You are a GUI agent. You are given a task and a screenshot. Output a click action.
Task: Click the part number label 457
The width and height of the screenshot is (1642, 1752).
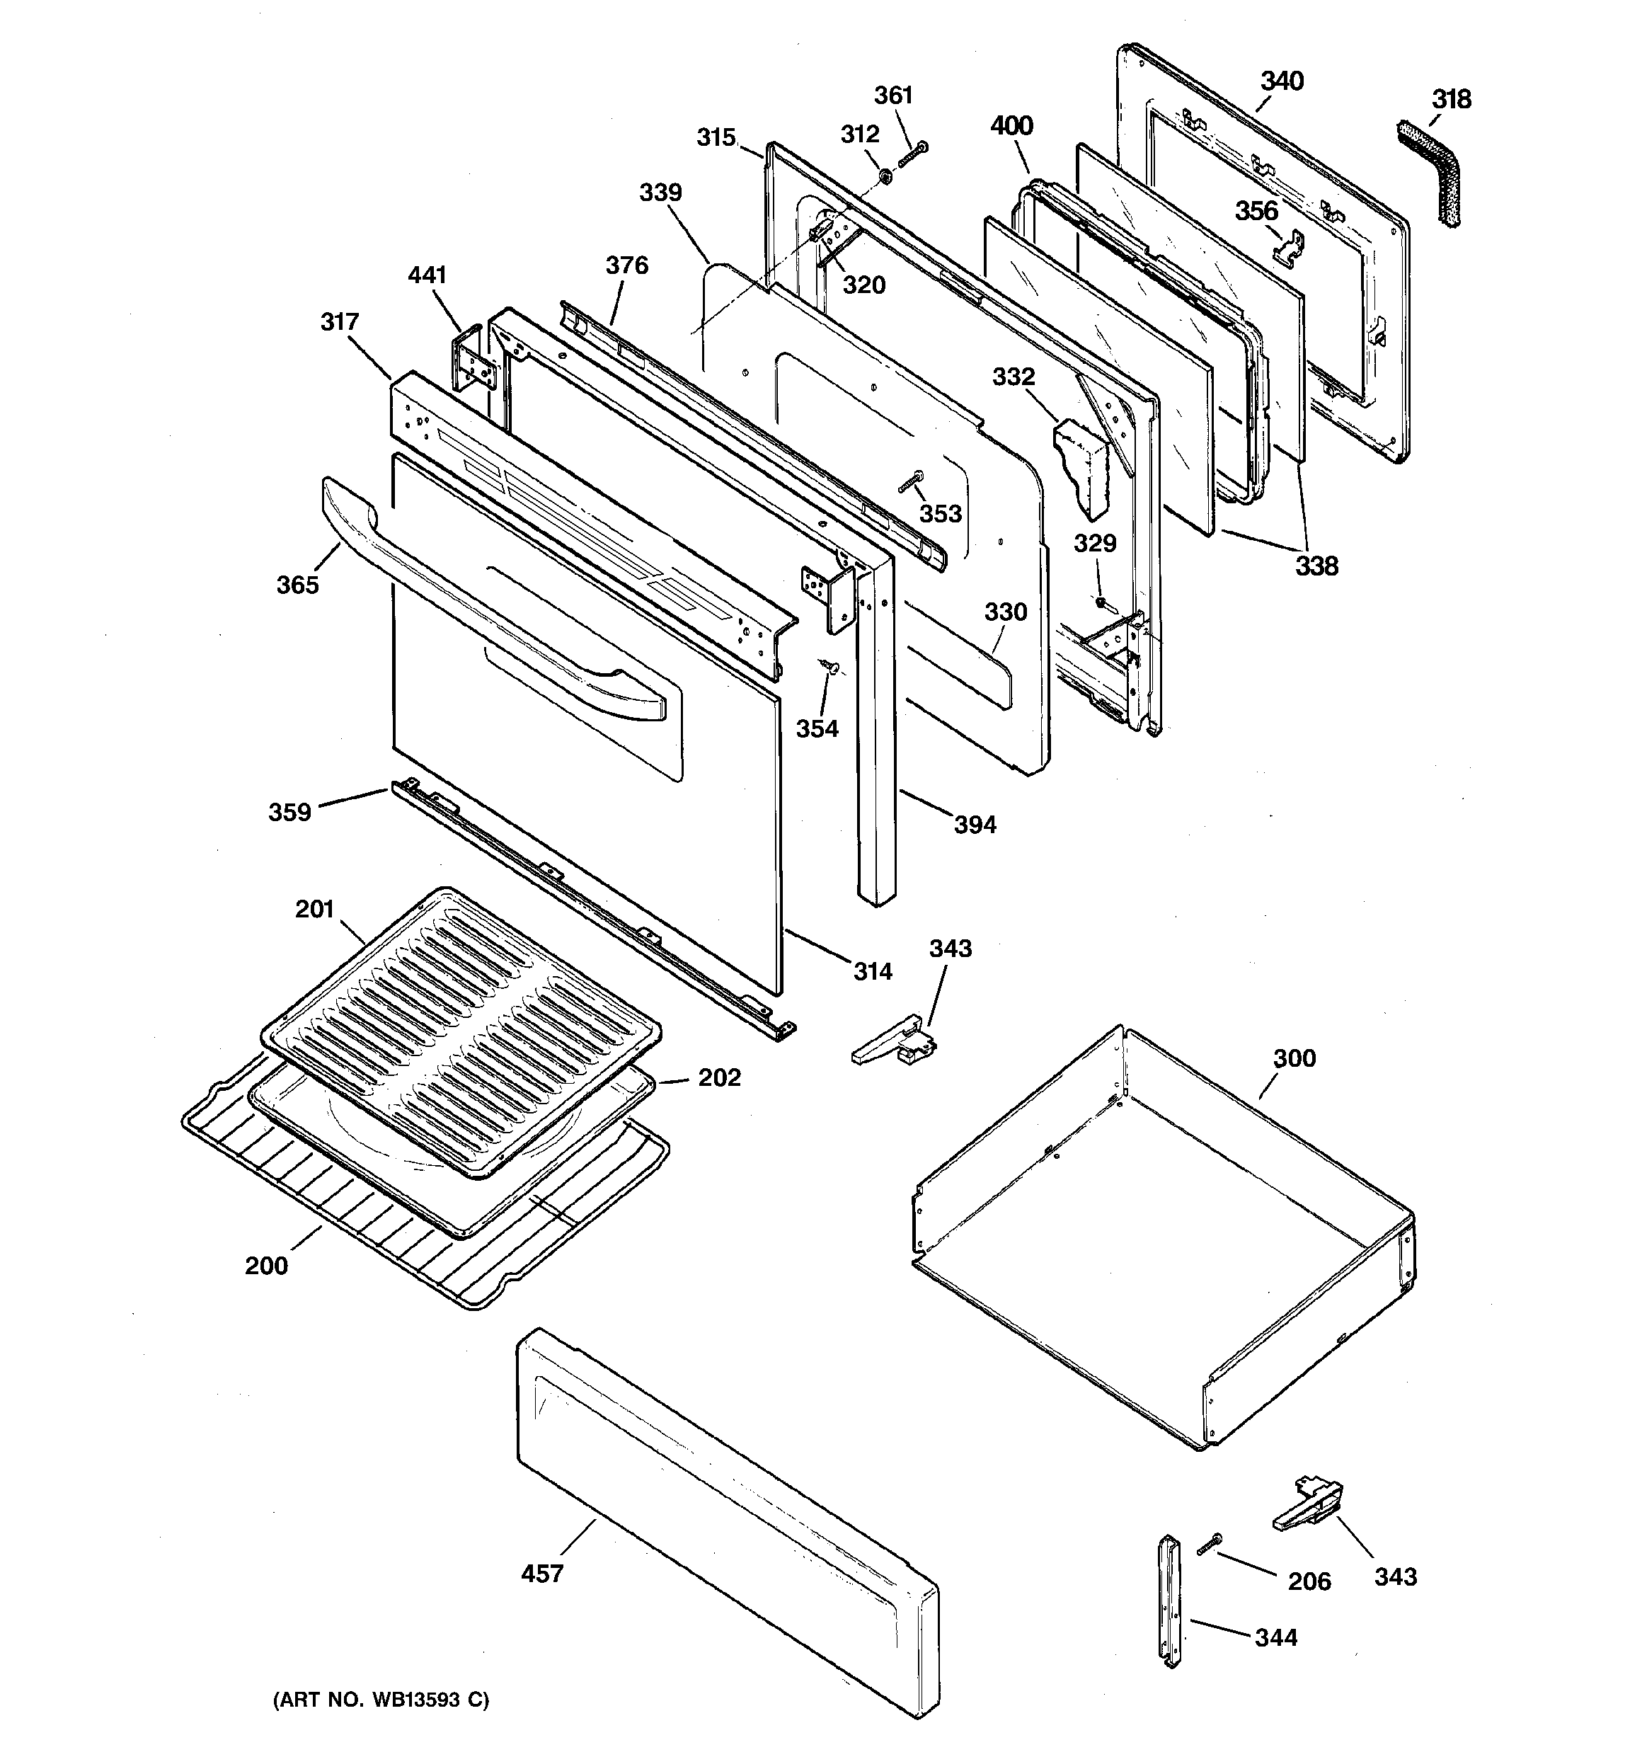[541, 1573]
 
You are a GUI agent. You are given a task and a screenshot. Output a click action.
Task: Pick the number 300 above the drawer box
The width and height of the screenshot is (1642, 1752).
[1294, 1058]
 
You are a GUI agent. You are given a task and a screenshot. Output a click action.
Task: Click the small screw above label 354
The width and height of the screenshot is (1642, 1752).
[829, 667]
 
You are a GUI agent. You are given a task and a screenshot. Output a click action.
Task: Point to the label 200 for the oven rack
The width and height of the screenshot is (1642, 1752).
[266, 1266]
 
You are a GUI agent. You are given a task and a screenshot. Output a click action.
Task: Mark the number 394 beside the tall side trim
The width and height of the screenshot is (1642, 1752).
[975, 824]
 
